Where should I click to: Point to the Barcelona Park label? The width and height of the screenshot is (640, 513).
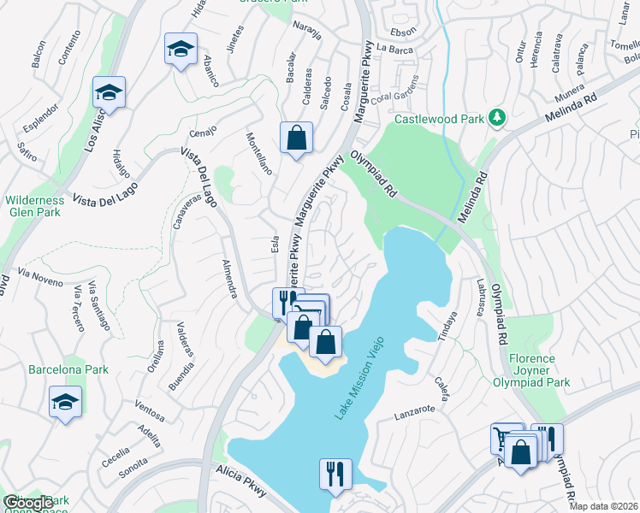[x=68, y=370]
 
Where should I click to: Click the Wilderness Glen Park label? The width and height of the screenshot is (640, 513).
[x=34, y=206]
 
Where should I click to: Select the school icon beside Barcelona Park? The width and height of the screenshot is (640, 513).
[x=65, y=402]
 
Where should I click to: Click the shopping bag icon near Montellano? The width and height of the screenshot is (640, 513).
[x=296, y=137]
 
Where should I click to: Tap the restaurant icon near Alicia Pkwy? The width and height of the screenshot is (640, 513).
[x=335, y=473]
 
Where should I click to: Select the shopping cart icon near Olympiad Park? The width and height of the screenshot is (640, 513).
[x=505, y=439]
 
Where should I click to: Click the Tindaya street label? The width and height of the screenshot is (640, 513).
[x=447, y=324]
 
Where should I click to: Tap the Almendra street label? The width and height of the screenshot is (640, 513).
[x=228, y=279]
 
